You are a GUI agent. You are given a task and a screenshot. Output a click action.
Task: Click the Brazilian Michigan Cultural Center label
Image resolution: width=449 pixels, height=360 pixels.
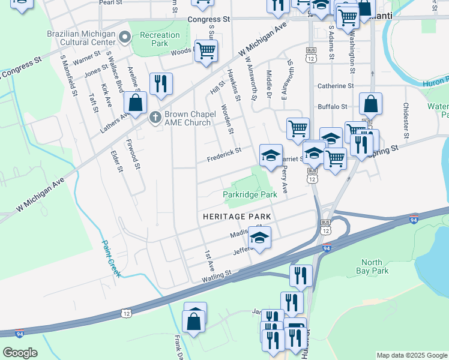[x=80, y=38]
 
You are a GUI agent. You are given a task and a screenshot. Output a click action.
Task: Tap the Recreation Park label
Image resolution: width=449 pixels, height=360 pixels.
[x=160, y=39]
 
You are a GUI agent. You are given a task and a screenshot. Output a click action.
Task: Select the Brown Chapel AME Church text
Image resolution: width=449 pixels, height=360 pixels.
[x=187, y=118]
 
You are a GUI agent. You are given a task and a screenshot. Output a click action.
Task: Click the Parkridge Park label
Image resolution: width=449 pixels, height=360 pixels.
[x=250, y=194]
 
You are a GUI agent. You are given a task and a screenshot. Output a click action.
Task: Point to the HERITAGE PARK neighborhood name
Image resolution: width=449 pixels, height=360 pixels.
[x=237, y=216]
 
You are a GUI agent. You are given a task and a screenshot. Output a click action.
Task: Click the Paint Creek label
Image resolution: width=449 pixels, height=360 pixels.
[x=111, y=259]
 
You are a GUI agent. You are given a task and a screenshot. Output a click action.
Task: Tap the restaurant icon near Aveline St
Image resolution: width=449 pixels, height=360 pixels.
[x=160, y=84]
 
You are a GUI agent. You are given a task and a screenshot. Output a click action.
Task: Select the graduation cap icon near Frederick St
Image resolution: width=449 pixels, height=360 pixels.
[x=270, y=155]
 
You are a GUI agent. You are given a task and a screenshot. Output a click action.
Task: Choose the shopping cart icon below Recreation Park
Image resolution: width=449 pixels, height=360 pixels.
[x=206, y=51]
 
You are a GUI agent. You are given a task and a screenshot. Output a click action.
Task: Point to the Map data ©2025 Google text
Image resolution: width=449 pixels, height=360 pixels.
[x=411, y=355]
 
